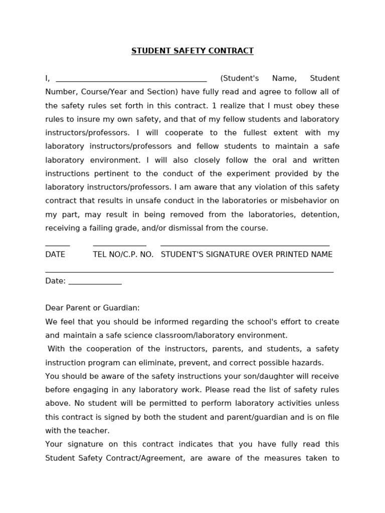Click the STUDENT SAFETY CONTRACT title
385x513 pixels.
tap(192, 51)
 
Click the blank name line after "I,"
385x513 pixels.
tap(131, 79)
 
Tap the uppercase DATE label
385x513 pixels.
tap(55, 254)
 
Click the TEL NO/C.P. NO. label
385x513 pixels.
tap(123, 254)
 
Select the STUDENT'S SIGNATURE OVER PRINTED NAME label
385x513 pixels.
tap(246, 254)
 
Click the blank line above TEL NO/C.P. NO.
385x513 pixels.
tap(119, 245)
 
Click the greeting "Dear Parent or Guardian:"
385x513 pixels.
tap(92, 308)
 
